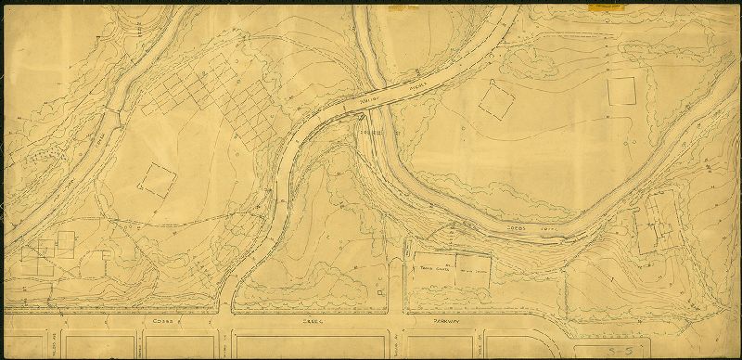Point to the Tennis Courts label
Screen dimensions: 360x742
click(437, 265)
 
